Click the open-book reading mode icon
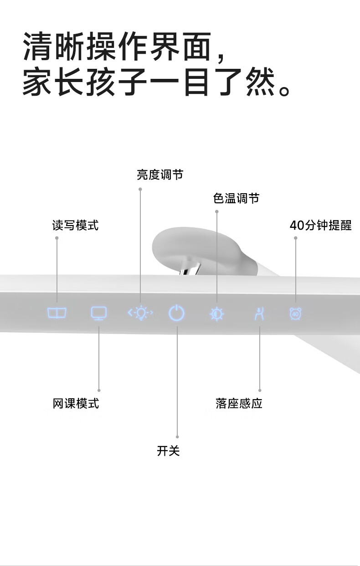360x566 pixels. (x=57, y=313)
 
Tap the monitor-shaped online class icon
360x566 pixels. (x=98, y=313)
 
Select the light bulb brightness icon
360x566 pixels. (x=140, y=313)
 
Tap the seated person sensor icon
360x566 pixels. (x=259, y=314)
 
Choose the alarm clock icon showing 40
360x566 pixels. (x=295, y=314)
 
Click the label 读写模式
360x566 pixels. (x=75, y=225)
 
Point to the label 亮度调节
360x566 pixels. (x=160, y=175)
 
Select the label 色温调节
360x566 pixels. (x=236, y=198)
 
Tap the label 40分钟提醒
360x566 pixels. (x=321, y=225)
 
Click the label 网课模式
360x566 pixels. (x=76, y=403)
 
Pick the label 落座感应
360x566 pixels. (x=239, y=403)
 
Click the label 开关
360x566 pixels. (x=168, y=451)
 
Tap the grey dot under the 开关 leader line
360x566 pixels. (x=177, y=437)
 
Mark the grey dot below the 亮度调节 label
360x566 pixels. (x=140, y=189)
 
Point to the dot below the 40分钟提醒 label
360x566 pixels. (x=295, y=238)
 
